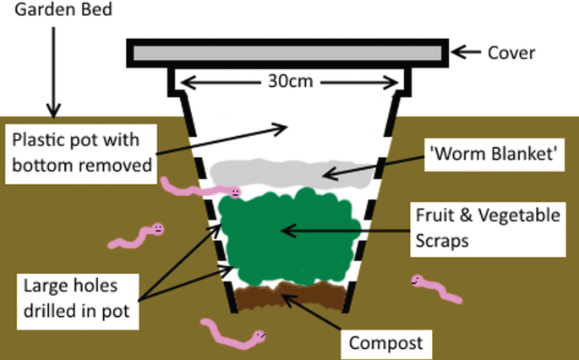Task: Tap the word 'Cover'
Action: (x=512, y=52)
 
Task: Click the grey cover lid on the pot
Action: (x=287, y=52)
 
